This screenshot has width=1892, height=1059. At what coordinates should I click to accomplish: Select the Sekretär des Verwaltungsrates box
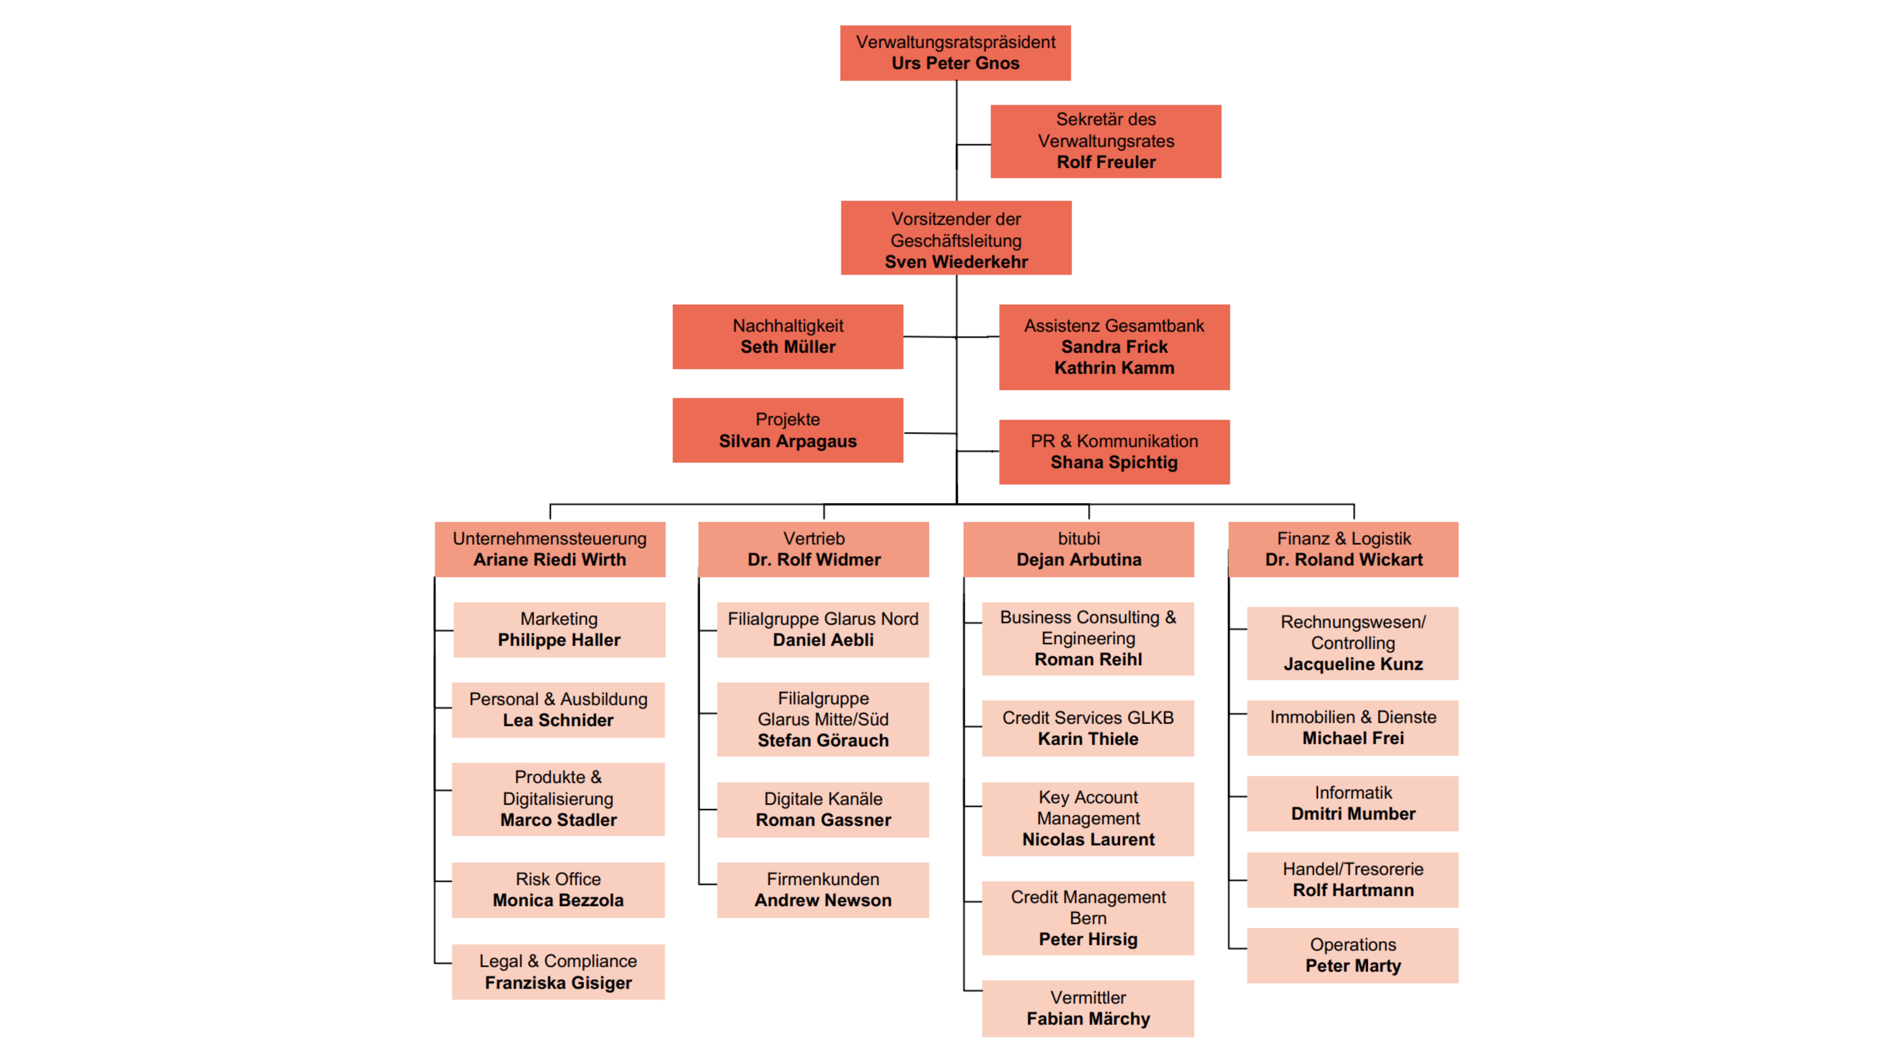pyautogui.click(x=1105, y=141)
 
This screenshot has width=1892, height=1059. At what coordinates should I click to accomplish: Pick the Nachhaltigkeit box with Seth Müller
pyautogui.click(x=787, y=336)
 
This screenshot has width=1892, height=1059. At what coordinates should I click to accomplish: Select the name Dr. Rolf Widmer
pyautogui.click(x=814, y=560)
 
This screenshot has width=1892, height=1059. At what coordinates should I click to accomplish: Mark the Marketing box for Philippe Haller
pyautogui.click(x=559, y=629)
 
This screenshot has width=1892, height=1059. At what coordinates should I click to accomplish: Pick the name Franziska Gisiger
pyautogui.click(x=558, y=983)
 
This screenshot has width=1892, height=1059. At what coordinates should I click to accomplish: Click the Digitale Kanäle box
pyautogui.click(x=823, y=809)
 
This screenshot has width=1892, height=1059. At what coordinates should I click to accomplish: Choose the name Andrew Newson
pyautogui.click(x=823, y=900)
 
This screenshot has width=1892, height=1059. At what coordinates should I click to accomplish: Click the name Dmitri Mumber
pyautogui.click(x=1353, y=814)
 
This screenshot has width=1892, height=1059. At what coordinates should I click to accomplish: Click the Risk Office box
pyautogui.click(x=558, y=889)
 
